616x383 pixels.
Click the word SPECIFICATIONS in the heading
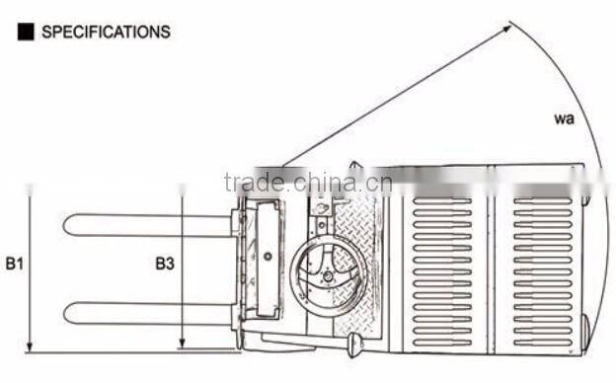click(106, 32)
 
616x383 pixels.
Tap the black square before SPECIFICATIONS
click(25, 32)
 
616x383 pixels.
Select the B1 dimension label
click(14, 264)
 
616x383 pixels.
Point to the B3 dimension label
click(166, 264)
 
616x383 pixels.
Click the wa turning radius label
click(564, 119)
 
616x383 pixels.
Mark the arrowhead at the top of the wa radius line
click(506, 27)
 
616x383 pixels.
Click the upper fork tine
click(148, 225)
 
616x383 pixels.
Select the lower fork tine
click(148, 313)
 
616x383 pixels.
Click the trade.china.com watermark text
click(308, 182)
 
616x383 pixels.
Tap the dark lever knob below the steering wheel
click(354, 345)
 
